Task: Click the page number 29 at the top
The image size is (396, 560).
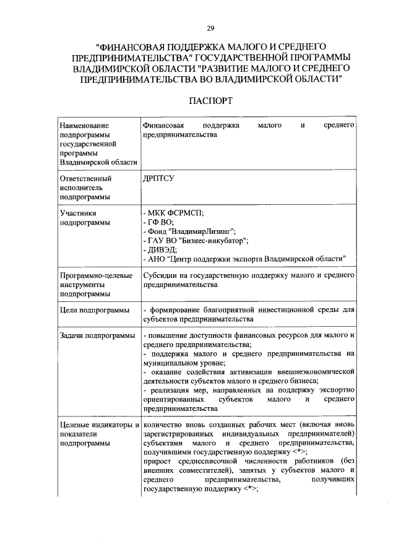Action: pyautogui.click(x=210, y=28)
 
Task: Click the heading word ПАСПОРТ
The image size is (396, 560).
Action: pyautogui.click(x=210, y=100)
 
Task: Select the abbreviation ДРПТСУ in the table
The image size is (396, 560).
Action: pyautogui.click(x=159, y=177)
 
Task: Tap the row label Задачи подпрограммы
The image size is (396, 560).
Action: pyautogui.click(x=97, y=335)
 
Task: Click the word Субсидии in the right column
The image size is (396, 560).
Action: pyautogui.click(x=159, y=275)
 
